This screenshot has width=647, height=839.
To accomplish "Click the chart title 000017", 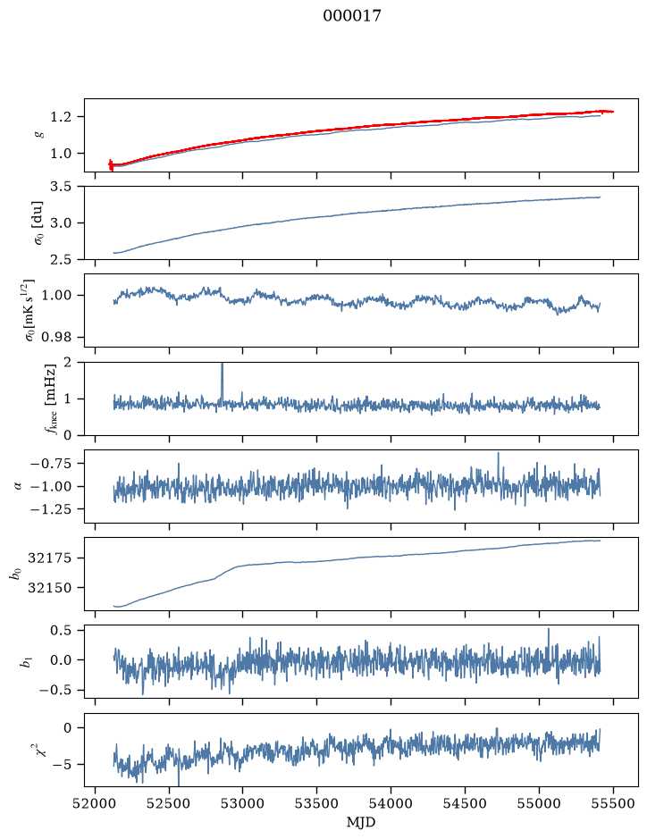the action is click(x=351, y=16).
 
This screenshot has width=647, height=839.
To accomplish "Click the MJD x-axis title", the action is click(x=361, y=822).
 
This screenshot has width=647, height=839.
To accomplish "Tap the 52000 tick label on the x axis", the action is click(x=96, y=803).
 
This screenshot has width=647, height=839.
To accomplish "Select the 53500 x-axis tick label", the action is click(x=317, y=803).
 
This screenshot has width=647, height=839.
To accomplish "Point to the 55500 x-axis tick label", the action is click(x=613, y=803).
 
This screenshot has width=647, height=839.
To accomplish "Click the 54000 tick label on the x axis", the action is click(x=391, y=803).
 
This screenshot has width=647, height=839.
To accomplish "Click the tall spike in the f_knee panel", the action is click(x=223, y=382).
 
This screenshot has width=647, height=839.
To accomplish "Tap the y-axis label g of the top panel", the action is click(x=38, y=134).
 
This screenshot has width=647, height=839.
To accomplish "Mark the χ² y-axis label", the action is click(x=39, y=748).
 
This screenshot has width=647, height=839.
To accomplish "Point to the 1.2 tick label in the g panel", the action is click(x=60, y=117).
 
